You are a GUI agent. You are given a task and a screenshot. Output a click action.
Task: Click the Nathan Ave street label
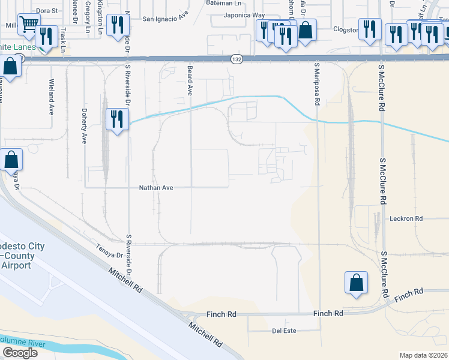pyautogui.click(x=156, y=188)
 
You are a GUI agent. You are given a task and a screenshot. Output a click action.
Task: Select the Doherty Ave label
pyautogui.click(x=84, y=126)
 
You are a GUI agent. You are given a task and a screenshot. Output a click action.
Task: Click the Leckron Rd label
pyautogui.click(x=406, y=218)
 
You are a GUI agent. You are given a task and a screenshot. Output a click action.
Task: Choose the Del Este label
pyautogui.click(x=285, y=330)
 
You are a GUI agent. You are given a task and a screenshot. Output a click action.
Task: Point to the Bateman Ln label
pyautogui.click(x=223, y=3)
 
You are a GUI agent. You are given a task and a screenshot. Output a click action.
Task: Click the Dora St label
pyautogui.click(x=46, y=10)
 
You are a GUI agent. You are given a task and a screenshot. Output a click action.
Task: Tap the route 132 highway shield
pyautogui.click(x=236, y=59)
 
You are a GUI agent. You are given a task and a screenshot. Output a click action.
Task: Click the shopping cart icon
pyautogui.click(x=28, y=25)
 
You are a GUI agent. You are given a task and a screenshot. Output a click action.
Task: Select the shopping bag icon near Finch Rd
pyautogui.click(x=356, y=283)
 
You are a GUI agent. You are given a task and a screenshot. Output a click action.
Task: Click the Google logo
pyautogui.click(x=19, y=353)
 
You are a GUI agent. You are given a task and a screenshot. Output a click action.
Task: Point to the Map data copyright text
pyautogui.click(x=423, y=355)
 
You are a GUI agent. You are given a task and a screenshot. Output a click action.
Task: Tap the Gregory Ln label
pyautogui.click(x=88, y=11)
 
